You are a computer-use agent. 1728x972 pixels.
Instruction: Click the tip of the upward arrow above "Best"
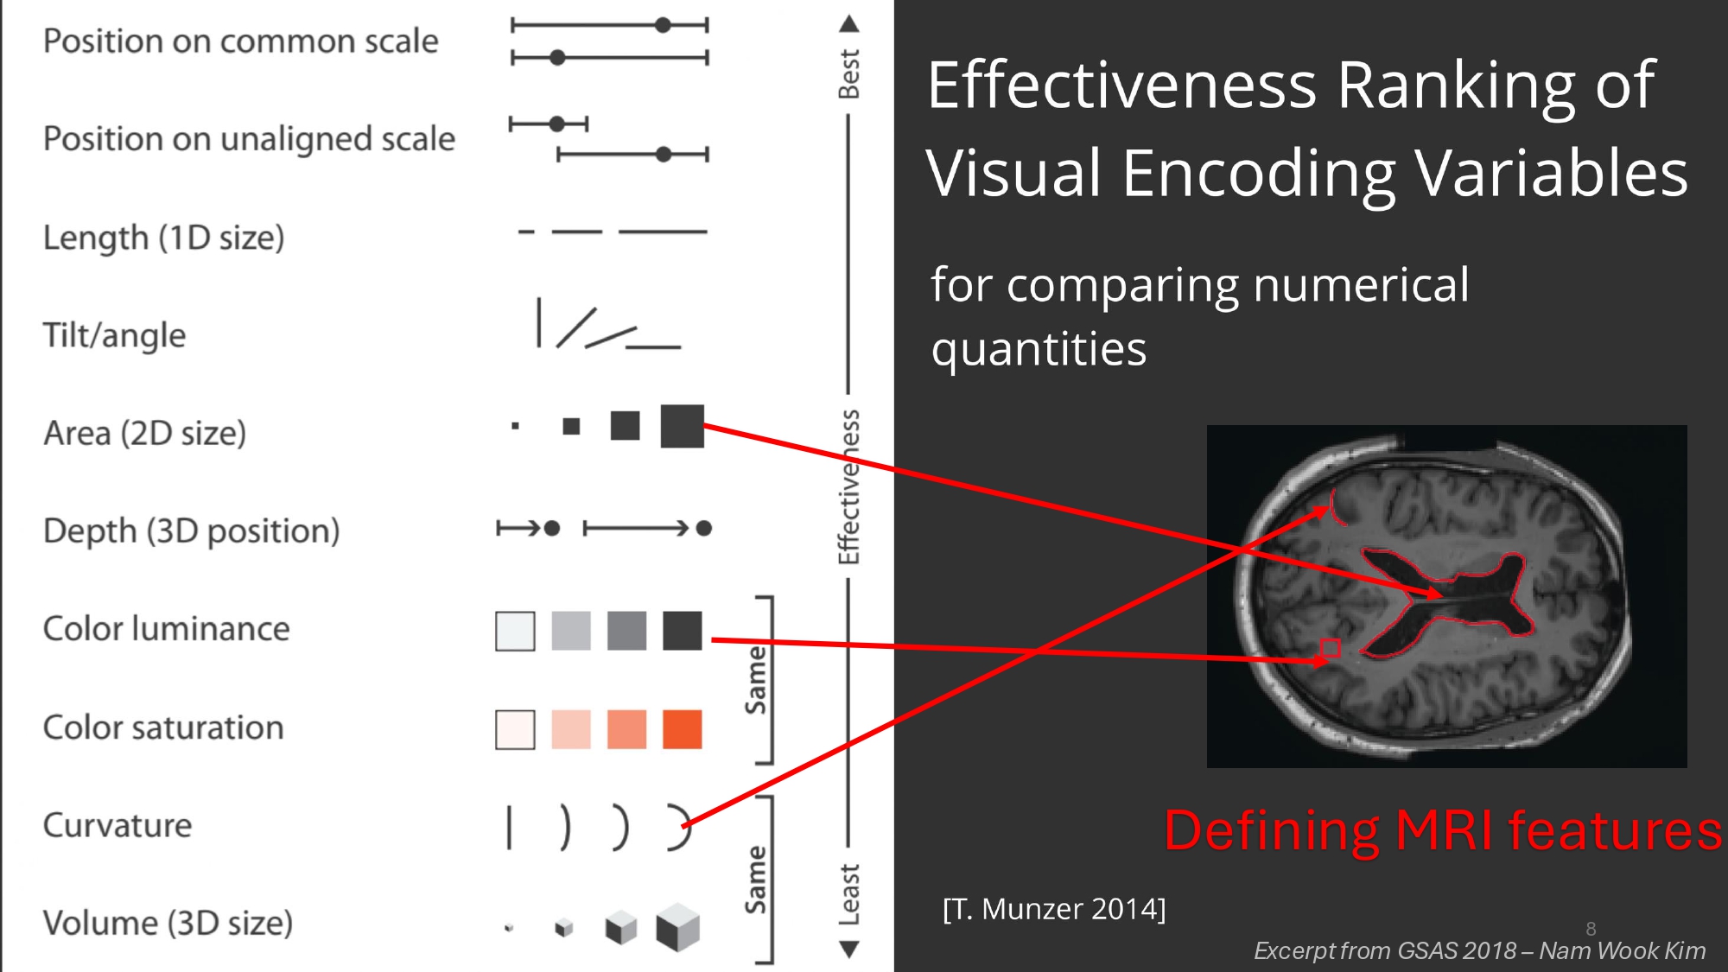coord(849,15)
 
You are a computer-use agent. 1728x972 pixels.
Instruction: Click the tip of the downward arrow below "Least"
coord(849,958)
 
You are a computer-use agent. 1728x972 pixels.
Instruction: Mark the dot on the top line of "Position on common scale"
coord(663,25)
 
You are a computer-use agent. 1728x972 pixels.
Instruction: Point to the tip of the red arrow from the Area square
coord(1441,595)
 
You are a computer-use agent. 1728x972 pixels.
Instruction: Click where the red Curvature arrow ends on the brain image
coord(1329,509)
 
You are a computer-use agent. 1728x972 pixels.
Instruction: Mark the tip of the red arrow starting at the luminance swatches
coord(1331,661)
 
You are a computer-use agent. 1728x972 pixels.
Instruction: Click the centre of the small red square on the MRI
coord(1331,648)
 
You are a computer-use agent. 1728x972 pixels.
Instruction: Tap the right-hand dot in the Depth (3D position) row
coord(704,528)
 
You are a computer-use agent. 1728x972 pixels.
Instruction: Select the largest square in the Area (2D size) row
coord(683,426)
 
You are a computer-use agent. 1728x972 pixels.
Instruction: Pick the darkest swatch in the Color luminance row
coord(683,631)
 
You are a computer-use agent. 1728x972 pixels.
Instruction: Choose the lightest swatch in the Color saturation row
coord(515,729)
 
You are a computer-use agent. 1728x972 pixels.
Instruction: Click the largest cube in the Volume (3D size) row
coord(677,927)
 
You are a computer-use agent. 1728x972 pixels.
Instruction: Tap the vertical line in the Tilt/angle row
coord(539,322)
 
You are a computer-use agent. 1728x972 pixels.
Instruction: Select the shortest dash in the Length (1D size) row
coord(526,232)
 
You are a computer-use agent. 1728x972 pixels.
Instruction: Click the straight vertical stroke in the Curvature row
coord(509,827)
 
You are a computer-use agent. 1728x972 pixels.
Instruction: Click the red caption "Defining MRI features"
coord(1443,830)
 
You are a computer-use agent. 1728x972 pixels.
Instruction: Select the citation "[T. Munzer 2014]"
coord(1054,909)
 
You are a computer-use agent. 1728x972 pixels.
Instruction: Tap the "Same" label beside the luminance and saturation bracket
coord(756,680)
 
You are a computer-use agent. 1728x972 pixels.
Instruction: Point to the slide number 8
coord(1591,929)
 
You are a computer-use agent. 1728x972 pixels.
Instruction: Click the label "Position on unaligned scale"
coord(249,138)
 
